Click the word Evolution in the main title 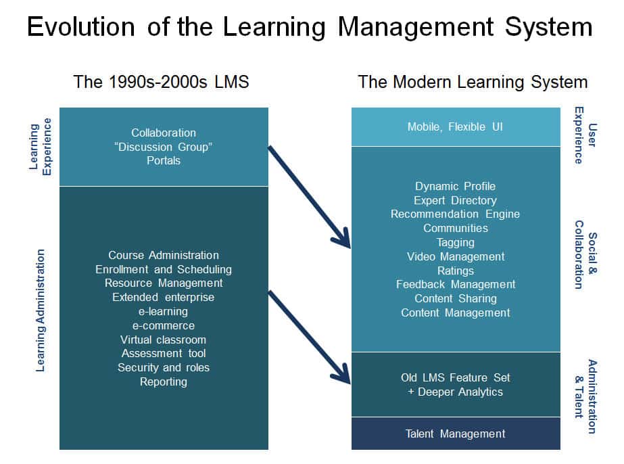pos(81,27)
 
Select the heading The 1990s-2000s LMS pos(161,82)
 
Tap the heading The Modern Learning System pos(473,82)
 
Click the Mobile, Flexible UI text pos(455,126)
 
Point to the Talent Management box pos(456,434)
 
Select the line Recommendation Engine pos(455,214)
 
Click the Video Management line pos(456,256)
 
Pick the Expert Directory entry pos(455,200)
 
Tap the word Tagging pos(456,243)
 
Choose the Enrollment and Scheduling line pos(164,269)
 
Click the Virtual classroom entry pos(164,340)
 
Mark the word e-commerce pos(164,325)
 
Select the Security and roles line pos(164,368)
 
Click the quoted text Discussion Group pos(164,147)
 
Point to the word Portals pos(164,160)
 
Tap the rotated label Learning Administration pos(40,310)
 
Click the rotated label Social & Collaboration pos(585,254)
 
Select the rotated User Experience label pos(585,135)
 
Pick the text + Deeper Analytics pos(455,392)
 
